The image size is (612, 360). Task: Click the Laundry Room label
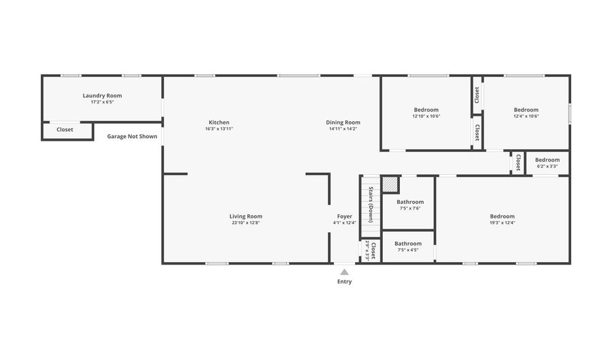(102, 96)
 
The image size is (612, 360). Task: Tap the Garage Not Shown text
(132, 137)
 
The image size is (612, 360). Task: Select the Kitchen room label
(219, 122)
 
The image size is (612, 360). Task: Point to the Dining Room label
(343, 122)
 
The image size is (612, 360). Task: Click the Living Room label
(245, 216)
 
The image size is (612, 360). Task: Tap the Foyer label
(345, 216)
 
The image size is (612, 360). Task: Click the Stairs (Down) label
(371, 205)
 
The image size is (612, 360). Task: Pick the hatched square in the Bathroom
(390, 184)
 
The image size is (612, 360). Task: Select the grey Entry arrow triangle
(345, 272)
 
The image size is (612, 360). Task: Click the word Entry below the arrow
(345, 282)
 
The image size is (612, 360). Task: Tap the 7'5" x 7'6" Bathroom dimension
(409, 208)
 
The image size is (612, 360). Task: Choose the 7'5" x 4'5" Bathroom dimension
(408, 250)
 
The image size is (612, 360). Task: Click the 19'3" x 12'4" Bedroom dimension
(503, 223)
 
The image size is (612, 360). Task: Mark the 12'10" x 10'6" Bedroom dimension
(426, 116)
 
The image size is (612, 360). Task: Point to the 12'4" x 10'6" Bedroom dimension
(526, 116)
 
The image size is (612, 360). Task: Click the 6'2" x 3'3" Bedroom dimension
(547, 166)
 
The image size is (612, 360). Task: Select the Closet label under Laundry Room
(65, 129)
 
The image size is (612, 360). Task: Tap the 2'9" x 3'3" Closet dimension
(367, 251)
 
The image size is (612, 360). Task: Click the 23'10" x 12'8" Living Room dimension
(245, 223)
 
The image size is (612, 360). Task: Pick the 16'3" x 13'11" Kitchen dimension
(219, 129)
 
